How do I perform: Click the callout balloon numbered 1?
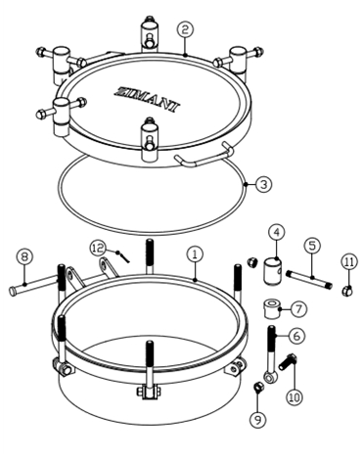pyautogui.click(x=195, y=255)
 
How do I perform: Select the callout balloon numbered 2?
pyautogui.click(x=185, y=29)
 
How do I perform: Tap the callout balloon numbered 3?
pyautogui.click(x=263, y=184)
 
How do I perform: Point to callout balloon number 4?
pyautogui.click(x=277, y=233)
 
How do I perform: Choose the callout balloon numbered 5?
pyautogui.click(x=312, y=246)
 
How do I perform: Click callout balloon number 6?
pyautogui.click(x=296, y=335)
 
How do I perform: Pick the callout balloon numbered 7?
pyautogui.click(x=298, y=308)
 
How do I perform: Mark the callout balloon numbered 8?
pyautogui.click(x=24, y=256)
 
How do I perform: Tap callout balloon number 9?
pyautogui.click(x=258, y=420)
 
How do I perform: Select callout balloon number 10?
pyautogui.click(x=294, y=397)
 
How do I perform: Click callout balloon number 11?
pyautogui.click(x=349, y=262)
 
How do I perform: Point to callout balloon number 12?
pyautogui.click(x=98, y=249)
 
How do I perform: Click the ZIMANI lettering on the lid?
pyautogui.click(x=148, y=99)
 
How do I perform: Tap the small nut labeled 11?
pyautogui.click(x=347, y=291)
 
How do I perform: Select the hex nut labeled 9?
pyautogui.click(x=257, y=388)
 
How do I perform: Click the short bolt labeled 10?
pyautogui.click(x=288, y=362)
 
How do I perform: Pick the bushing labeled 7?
pyautogui.click(x=271, y=308)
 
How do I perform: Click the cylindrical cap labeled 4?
pyautogui.click(x=272, y=270)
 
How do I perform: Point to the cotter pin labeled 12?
pyautogui.click(x=124, y=256)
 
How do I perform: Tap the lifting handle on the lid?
pyautogui.click(x=204, y=155)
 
